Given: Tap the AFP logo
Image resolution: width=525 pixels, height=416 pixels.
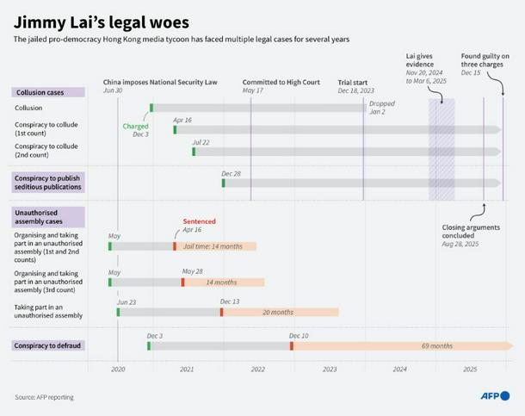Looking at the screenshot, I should [495, 396].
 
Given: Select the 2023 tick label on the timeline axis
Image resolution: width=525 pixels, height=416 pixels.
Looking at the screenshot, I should [330, 369].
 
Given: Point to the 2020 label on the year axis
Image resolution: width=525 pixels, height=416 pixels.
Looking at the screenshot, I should [119, 369].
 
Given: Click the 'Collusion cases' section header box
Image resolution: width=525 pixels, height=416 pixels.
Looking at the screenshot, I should [48, 92].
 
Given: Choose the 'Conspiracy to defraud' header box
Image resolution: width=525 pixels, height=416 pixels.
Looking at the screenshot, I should [48, 345].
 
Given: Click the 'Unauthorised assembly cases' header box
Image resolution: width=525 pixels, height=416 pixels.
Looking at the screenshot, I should [48, 215].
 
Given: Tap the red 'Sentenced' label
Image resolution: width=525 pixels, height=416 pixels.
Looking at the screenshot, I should [199, 221].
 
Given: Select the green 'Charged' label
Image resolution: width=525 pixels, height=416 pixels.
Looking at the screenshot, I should [135, 127].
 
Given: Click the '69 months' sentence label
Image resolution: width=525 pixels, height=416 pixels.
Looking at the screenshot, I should [436, 346].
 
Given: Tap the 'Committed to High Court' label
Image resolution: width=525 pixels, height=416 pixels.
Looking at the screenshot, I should [281, 83].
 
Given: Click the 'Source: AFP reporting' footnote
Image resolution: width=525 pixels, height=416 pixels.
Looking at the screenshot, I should [44, 397].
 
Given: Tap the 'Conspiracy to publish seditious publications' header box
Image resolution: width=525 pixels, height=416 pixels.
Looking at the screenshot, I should [48, 182].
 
